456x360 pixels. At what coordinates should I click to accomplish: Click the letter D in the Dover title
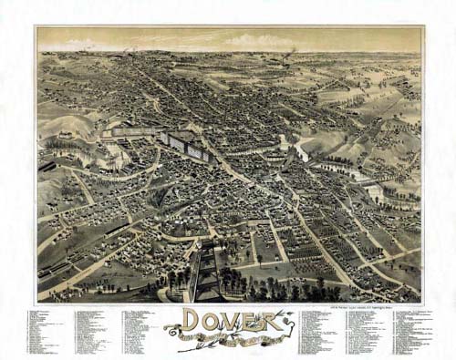pos(193,320)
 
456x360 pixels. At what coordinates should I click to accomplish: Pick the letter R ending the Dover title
pos(275,321)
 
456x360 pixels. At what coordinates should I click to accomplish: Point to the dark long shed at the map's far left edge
pos(46,167)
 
